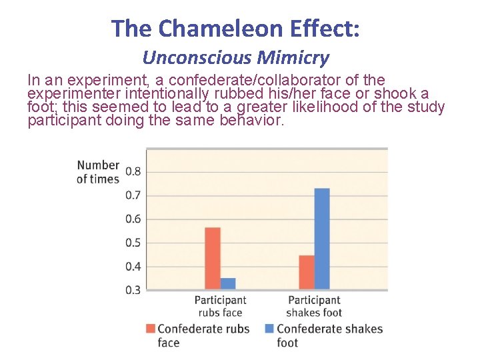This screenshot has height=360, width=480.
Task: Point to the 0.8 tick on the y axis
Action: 133,172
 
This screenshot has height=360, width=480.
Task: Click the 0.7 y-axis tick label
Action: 133,195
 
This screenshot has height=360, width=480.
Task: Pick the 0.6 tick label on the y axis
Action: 133,219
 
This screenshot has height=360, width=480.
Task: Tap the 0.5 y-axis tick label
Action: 133,243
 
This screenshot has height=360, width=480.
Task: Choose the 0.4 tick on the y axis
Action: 133,267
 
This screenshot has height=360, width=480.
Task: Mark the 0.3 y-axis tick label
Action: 133,290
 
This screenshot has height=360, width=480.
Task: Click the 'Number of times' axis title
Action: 98,171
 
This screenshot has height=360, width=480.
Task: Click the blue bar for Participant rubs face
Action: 228,283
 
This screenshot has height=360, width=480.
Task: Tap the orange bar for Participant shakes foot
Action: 306,272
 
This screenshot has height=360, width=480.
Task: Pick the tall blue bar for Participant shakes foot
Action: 321,239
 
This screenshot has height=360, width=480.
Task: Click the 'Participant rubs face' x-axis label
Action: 220,307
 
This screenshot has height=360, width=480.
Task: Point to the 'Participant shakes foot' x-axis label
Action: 314,307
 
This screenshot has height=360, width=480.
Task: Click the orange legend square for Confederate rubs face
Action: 150,329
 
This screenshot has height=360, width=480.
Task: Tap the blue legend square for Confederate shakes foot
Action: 269,329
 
